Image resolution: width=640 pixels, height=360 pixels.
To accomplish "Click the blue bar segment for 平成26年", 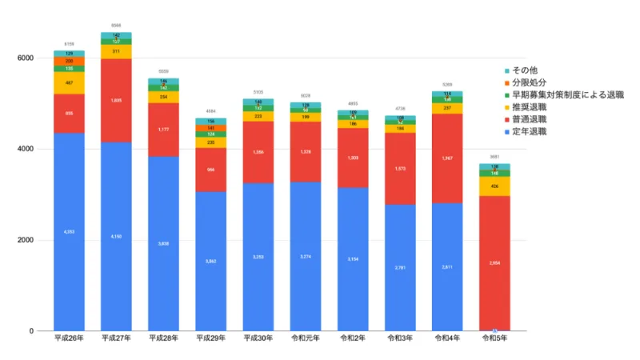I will coord(69,231).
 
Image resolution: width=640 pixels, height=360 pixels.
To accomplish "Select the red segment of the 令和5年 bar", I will coord(494,262).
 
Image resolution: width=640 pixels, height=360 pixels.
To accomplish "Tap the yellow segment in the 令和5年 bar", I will coord(494,186).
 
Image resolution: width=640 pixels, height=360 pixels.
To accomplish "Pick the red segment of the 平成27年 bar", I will coord(116,100).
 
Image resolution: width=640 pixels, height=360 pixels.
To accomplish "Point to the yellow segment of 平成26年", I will coord(69,82).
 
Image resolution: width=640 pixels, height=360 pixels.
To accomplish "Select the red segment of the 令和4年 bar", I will coord(447,158).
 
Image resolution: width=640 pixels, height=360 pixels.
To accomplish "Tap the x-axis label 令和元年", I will coord(305,339).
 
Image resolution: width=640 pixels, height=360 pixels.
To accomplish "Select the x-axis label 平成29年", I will coord(210,339).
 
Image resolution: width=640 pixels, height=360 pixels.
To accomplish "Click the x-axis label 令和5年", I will coord(494,339).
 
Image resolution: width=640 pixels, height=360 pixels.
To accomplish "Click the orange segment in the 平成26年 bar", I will coord(69,61).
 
